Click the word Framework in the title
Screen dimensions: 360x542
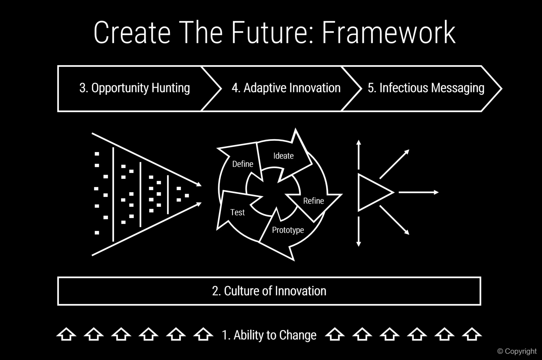[389, 32]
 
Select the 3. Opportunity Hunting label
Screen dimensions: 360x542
[134, 88]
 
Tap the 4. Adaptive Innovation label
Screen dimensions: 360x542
[286, 88]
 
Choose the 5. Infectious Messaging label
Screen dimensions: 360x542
[426, 88]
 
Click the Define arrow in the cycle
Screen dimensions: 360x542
[242, 164]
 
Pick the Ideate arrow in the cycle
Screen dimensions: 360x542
[283, 156]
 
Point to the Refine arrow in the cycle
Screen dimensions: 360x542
[313, 201]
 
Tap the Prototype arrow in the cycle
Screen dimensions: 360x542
[288, 230]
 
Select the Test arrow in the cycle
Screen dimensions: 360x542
[237, 212]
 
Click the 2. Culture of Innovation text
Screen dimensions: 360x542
[269, 291]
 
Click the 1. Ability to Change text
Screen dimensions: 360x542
[269, 335]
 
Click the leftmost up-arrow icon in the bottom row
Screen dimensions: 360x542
[66, 334]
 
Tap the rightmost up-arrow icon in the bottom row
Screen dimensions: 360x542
[472, 334]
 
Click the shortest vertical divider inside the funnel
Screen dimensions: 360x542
[168, 194]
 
